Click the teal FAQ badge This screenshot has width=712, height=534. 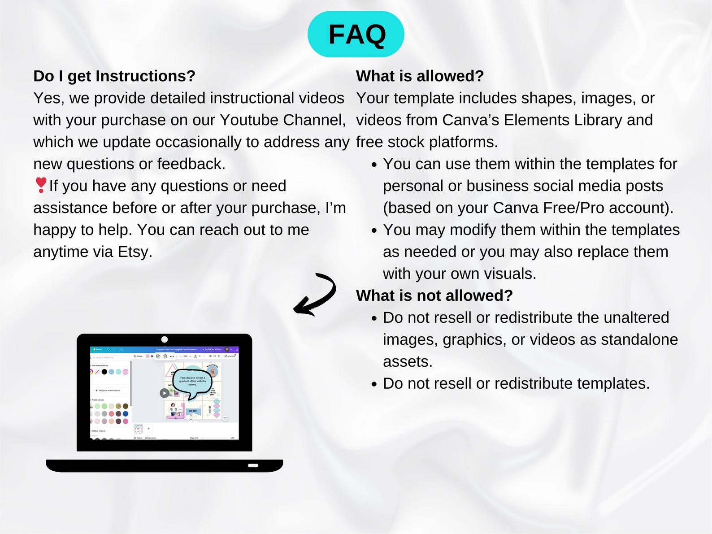(x=356, y=35)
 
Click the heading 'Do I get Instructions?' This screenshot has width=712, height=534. (x=114, y=76)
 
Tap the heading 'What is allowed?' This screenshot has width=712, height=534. (x=420, y=76)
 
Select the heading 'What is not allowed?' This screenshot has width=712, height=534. (x=434, y=295)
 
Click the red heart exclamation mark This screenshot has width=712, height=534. (x=40, y=185)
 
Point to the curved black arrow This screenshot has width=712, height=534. (x=316, y=295)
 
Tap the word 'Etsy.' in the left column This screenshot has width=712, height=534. (x=135, y=252)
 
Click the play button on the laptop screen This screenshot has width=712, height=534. (x=165, y=393)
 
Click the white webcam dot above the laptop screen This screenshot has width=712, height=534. (x=165, y=339)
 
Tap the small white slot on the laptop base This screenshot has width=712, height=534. (x=253, y=465)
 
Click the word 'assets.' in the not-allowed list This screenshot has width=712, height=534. (x=408, y=362)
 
